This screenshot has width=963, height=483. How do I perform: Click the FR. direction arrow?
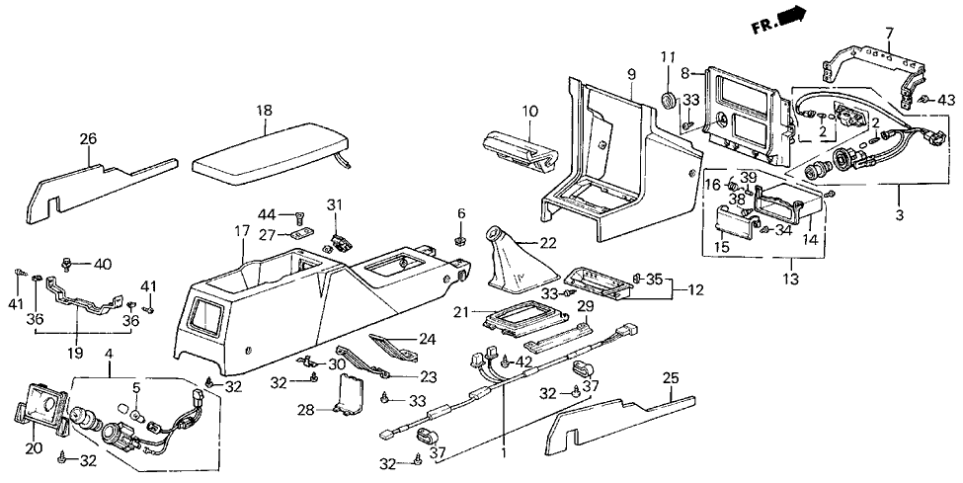(x=791, y=18)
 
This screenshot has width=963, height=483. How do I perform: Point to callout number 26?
(x=90, y=138)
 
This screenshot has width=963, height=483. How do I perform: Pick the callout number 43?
(x=946, y=100)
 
